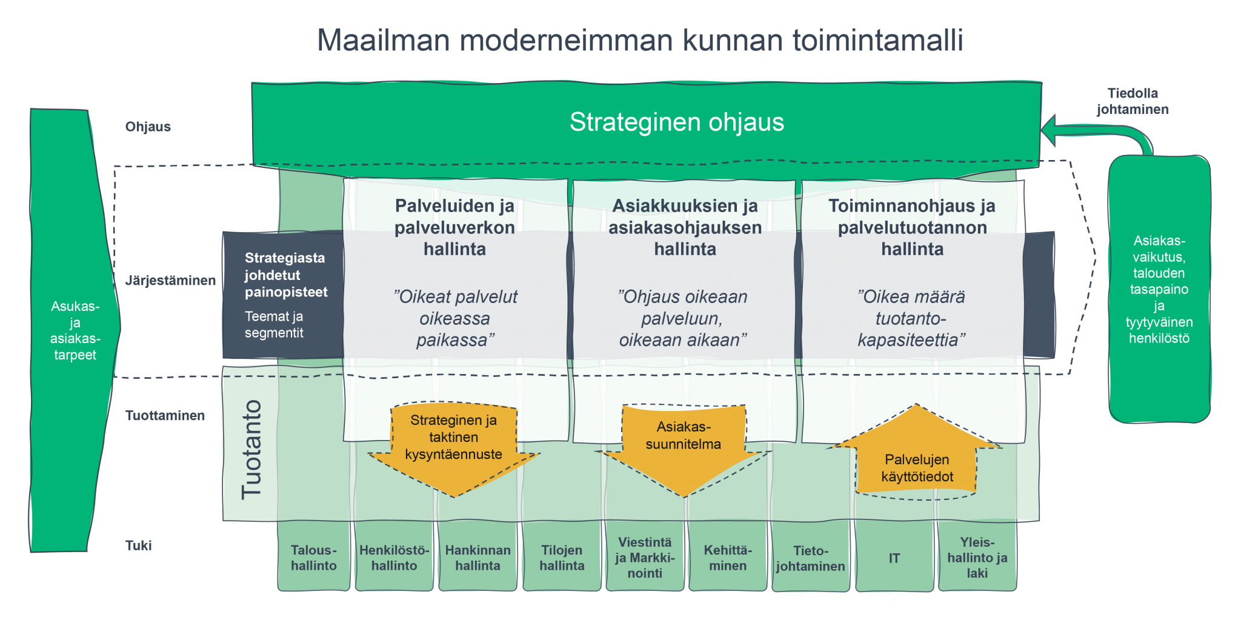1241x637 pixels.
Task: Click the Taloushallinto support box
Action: coord(313,557)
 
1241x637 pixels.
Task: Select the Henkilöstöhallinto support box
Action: coord(394,557)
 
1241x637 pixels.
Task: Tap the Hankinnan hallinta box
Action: coord(477,557)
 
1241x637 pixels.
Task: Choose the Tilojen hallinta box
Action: coord(562,557)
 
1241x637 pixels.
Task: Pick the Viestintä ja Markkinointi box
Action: coord(645,557)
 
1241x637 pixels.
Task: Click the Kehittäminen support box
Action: coord(728,557)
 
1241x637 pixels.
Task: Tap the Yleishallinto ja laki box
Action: coord(977,557)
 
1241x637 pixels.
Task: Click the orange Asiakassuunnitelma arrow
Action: coord(684,442)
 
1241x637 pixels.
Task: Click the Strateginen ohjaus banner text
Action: coord(676,122)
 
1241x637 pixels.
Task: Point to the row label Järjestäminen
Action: coord(170,281)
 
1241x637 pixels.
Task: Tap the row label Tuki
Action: coord(138,545)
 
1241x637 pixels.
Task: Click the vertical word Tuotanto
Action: coord(251,449)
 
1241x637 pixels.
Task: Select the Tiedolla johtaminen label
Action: coord(1132,101)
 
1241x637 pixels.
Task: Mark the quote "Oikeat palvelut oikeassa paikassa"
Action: coord(454,318)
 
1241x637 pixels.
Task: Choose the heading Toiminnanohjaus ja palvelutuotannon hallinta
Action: coord(911,227)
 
